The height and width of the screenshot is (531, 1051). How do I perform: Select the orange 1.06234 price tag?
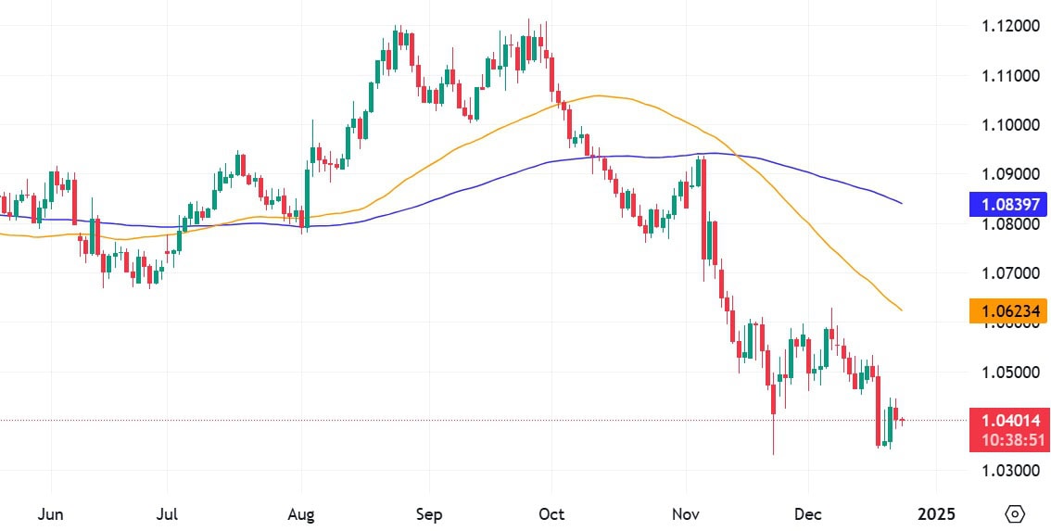tap(1008, 311)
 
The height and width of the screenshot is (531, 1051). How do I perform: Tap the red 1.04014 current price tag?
tap(1008, 421)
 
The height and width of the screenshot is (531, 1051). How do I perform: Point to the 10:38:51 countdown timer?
tap(1008, 440)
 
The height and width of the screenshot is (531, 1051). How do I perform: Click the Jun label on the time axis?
tap(50, 513)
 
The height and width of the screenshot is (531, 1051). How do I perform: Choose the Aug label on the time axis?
tap(301, 513)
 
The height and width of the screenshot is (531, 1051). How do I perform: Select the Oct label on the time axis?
tap(551, 513)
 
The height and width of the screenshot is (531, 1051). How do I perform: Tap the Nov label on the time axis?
tap(686, 513)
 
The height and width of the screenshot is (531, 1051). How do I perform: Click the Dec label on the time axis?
tap(807, 513)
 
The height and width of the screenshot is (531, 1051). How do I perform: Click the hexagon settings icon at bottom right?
tap(1015, 513)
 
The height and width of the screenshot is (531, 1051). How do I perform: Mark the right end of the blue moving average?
tap(902, 203)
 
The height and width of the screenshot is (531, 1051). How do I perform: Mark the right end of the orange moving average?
tap(902, 310)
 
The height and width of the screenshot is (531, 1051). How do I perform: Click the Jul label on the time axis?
tap(167, 513)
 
